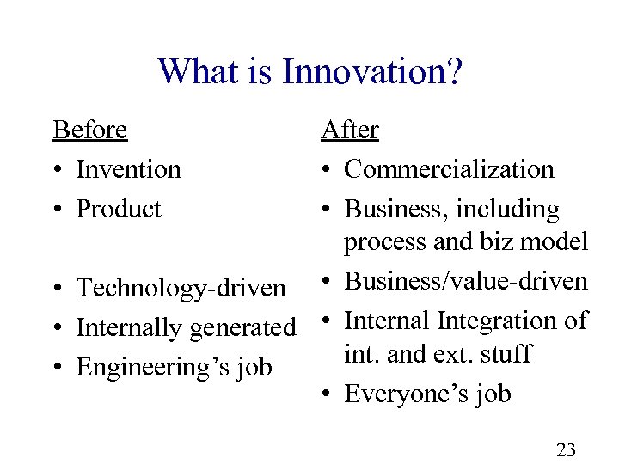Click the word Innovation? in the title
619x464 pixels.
click(x=371, y=71)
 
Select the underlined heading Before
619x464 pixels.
click(x=90, y=130)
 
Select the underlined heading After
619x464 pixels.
click(x=350, y=130)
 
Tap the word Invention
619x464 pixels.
click(x=129, y=169)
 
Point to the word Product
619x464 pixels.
click(x=119, y=209)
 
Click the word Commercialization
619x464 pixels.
click(x=449, y=169)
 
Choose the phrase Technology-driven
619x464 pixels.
click(x=181, y=289)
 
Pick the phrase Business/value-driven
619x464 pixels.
click(x=466, y=281)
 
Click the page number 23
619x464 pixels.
click(x=567, y=449)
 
